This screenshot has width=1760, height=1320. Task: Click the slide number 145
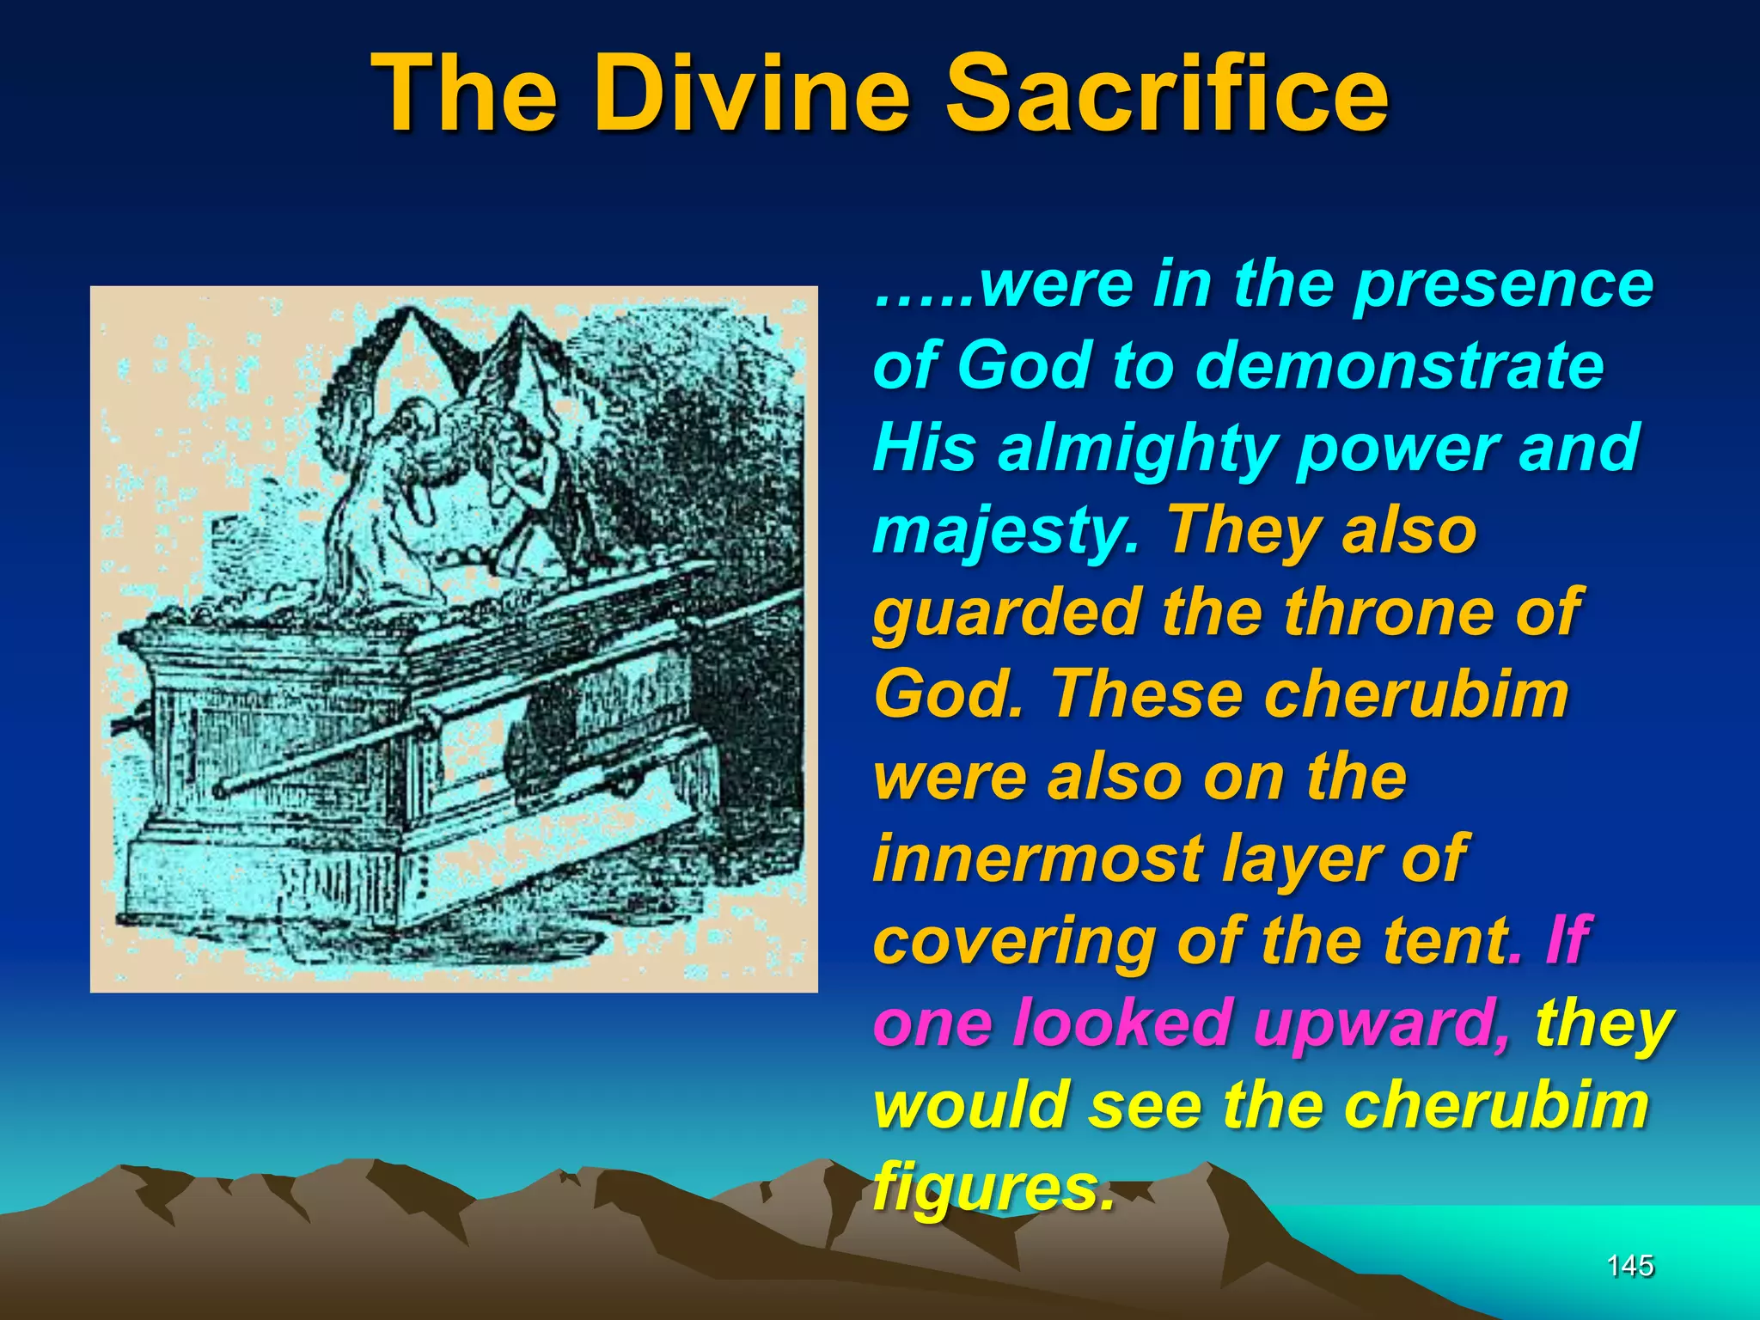click(x=1629, y=1265)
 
